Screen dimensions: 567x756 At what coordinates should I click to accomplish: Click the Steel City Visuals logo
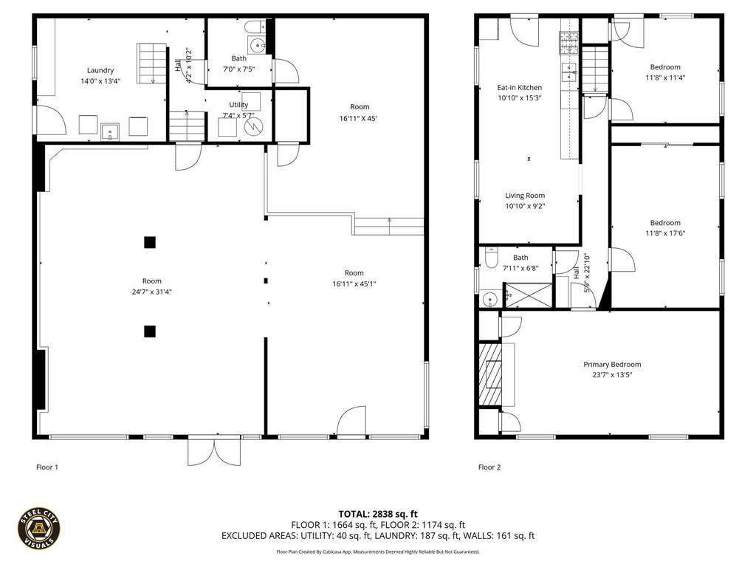tap(38, 529)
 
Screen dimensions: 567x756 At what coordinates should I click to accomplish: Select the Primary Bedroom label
tap(612, 365)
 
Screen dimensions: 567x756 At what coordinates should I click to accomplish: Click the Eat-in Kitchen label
tap(519, 88)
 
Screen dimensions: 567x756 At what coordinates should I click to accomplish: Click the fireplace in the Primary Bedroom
tap(489, 374)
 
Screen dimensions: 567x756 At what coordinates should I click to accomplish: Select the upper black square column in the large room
tap(150, 241)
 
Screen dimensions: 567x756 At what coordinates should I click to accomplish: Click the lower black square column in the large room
tap(150, 331)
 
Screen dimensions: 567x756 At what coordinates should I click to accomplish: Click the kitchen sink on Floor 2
tap(569, 72)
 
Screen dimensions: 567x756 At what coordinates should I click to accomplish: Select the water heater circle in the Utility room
tap(253, 126)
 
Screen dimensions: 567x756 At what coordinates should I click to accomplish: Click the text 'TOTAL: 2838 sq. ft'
tap(378, 514)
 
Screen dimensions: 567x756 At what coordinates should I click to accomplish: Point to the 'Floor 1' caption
tap(47, 467)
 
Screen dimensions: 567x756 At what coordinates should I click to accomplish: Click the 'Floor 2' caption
tap(489, 467)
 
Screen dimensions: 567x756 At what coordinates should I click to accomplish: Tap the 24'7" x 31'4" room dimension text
tap(151, 292)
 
